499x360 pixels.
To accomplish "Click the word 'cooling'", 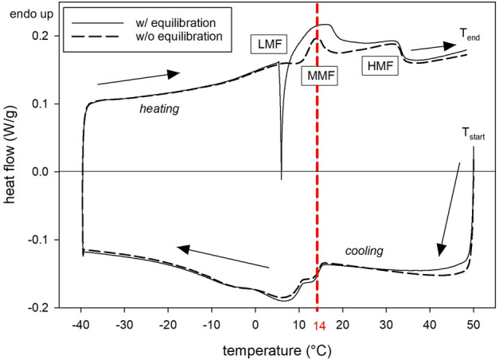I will (x=364, y=251).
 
